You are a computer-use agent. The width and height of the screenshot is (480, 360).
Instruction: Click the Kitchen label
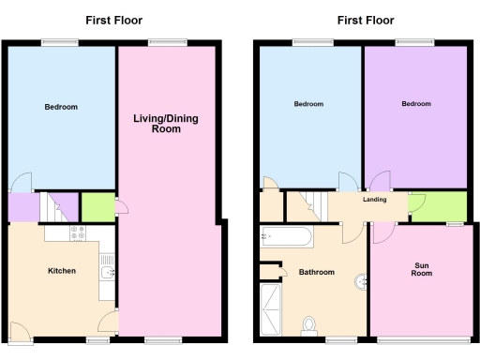[62, 271]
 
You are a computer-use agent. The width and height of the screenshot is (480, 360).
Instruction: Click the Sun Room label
[423, 269]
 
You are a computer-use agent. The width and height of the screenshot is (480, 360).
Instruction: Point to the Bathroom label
[317, 273]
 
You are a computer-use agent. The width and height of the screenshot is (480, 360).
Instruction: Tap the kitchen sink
[109, 272]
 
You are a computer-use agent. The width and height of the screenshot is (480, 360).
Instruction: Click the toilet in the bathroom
[309, 326]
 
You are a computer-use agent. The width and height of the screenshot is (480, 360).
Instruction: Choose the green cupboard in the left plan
[97, 205]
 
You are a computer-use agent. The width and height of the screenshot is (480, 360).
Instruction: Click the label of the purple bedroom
[416, 104]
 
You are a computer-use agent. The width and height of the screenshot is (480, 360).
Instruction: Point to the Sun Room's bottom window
[422, 337]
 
